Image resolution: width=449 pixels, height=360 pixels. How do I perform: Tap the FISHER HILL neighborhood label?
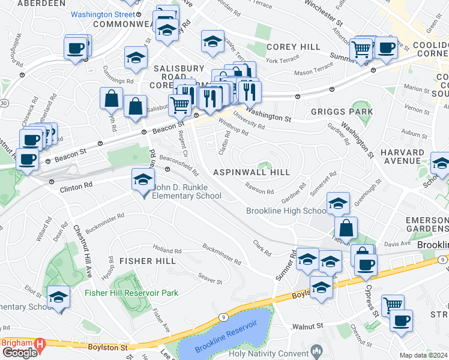148,261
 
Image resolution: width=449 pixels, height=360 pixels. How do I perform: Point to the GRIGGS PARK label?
342,112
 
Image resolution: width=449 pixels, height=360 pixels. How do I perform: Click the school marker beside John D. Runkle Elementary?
143,181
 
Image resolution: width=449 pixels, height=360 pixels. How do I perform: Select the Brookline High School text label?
286,211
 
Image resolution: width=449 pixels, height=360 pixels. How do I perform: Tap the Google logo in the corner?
19,353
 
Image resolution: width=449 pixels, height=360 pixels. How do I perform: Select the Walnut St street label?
308,326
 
